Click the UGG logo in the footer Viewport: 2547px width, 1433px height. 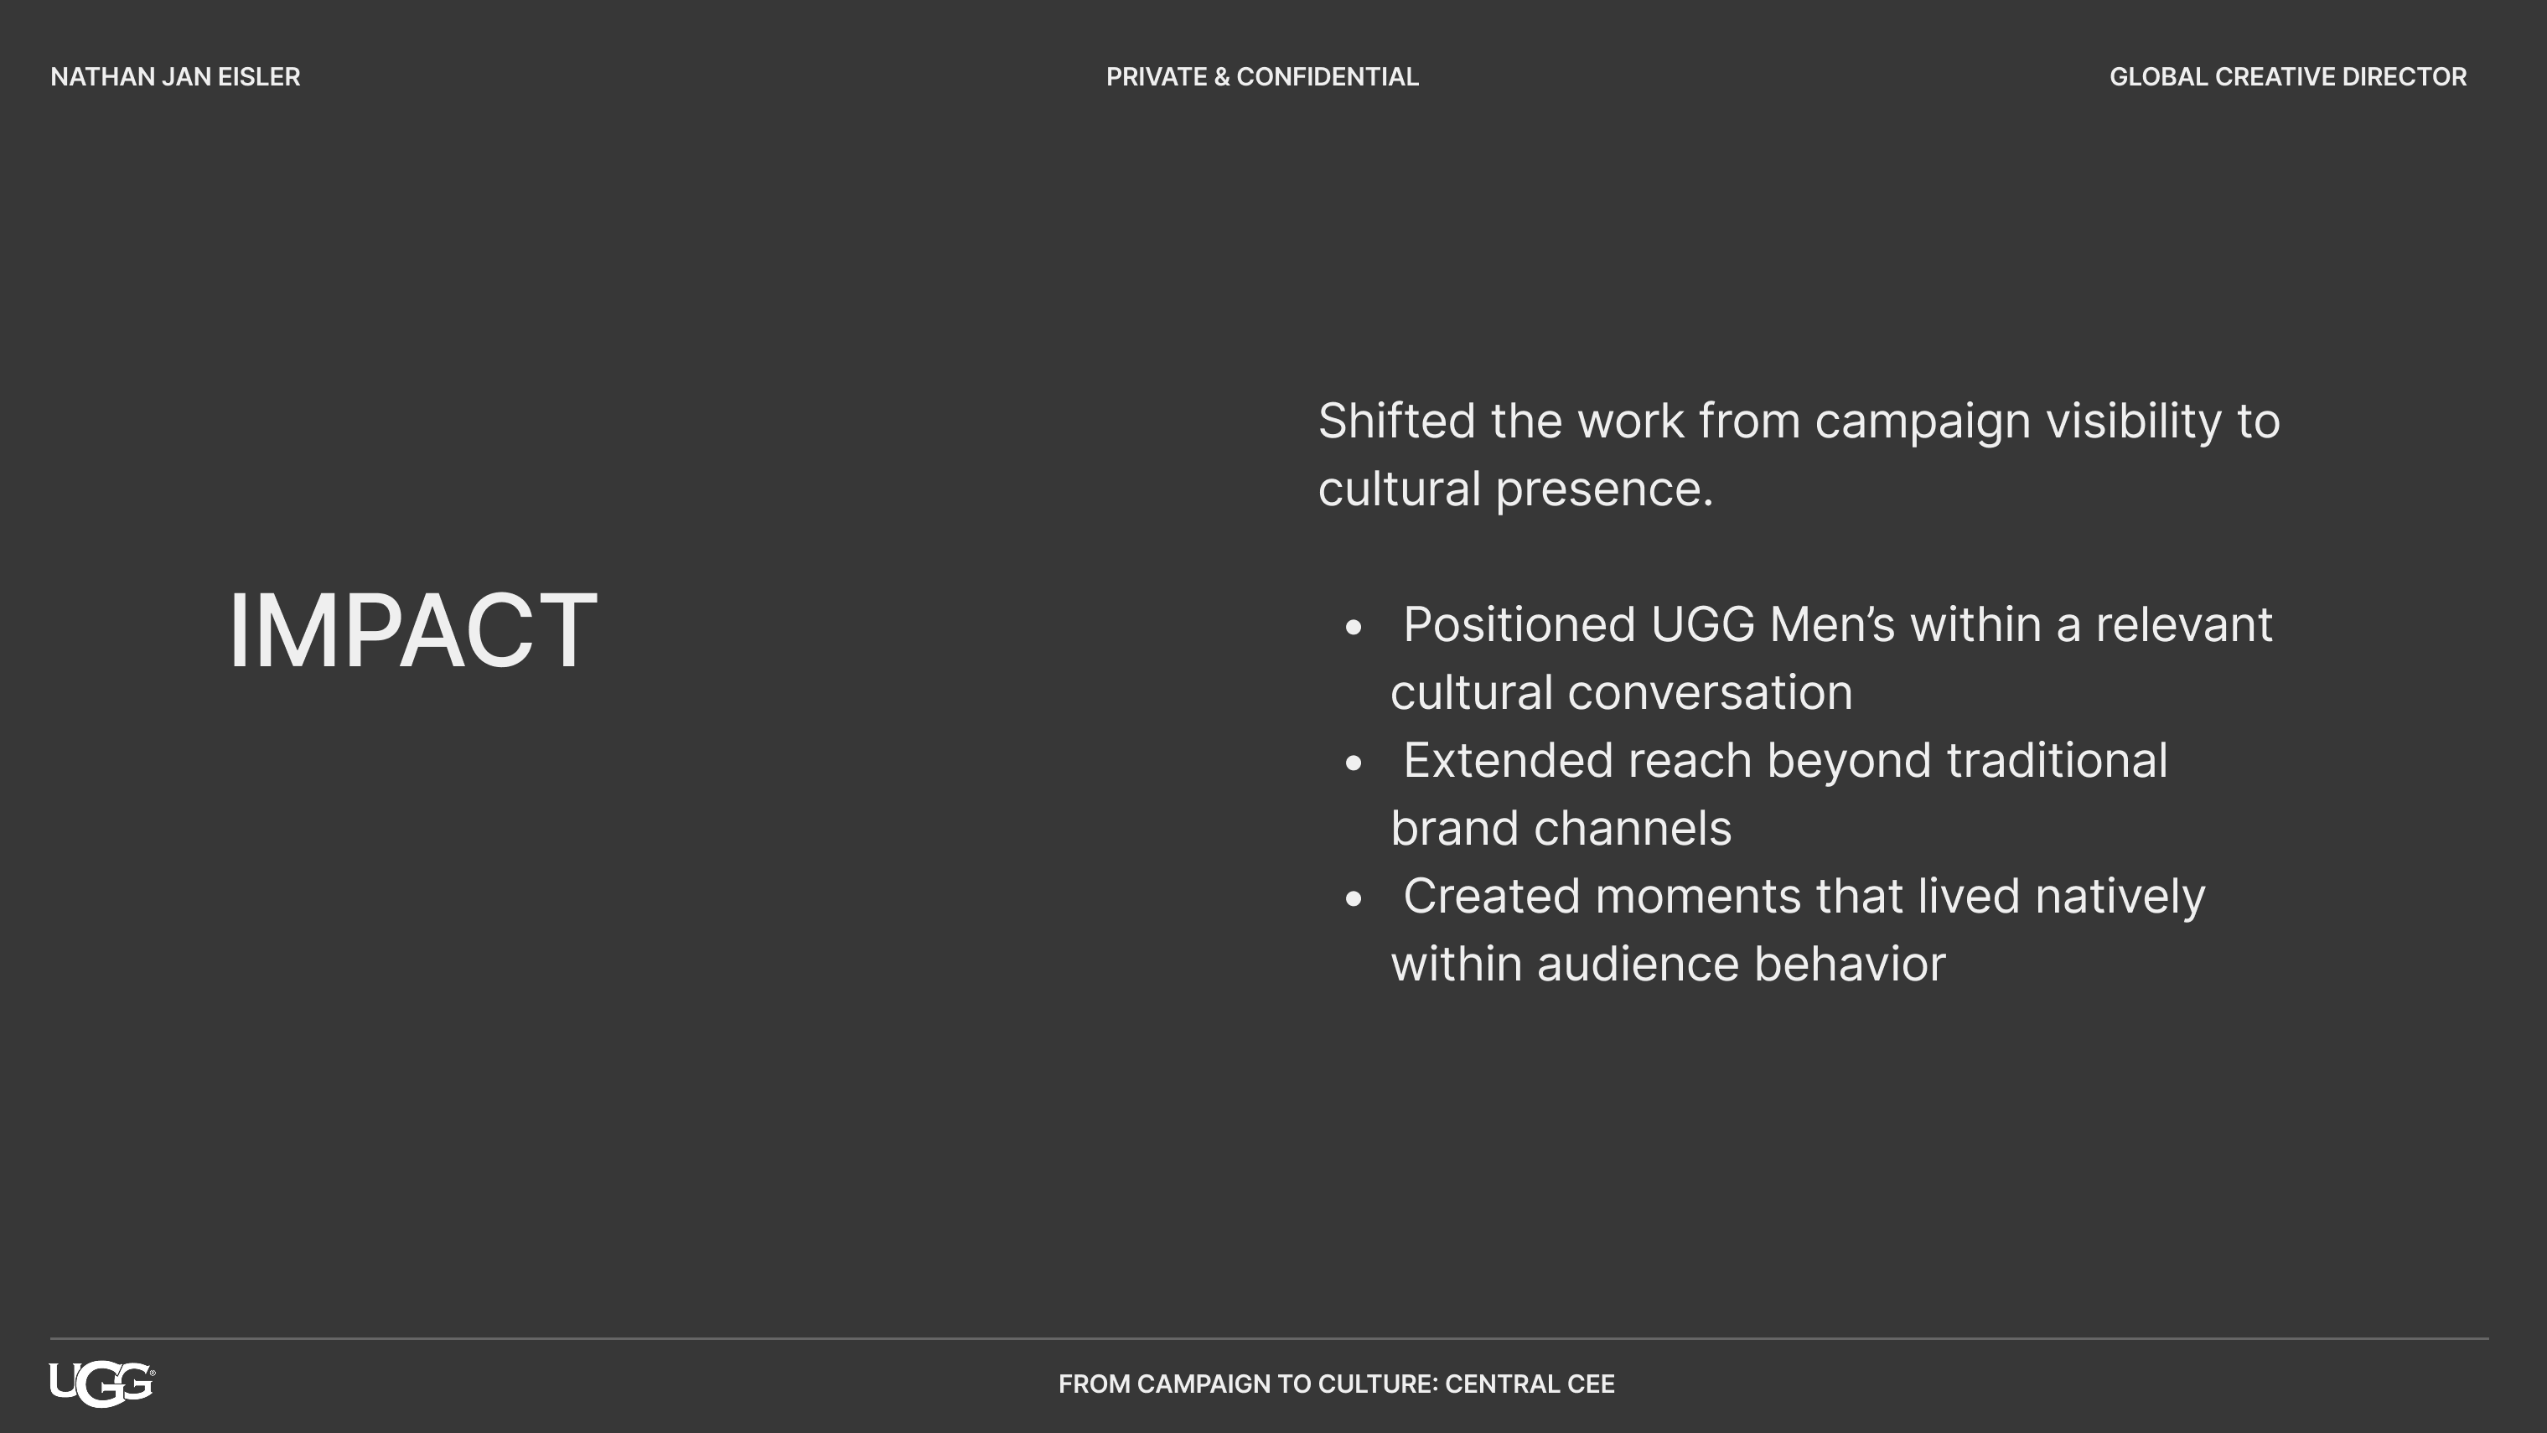click(x=102, y=1384)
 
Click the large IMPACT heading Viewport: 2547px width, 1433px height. click(x=412, y=630)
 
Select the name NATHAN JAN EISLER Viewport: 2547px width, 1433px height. click(x=175, y=77)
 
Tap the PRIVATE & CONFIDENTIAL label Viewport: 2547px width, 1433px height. click(x=1261, y=77)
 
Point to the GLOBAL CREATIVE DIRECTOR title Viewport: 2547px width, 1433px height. click(x=2288, y=77)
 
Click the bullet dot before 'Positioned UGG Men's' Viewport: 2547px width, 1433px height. click(x=1354, y=626)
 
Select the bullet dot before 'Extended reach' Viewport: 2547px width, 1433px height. click(x=1354, y=763)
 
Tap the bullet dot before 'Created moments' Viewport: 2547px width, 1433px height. click(x=1354, y=898)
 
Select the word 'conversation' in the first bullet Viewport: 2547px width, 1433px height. click(x=1711, y=692)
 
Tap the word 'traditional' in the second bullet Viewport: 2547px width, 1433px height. click(x=2058, y=761)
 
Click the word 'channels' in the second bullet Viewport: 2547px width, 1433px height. click(x=1633, y=828)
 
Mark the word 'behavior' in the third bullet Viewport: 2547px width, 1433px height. click(x=1850, y=965)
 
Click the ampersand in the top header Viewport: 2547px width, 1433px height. click(x=1222, y=77)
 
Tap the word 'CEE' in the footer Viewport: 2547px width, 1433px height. click(x=1591, y=1384)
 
